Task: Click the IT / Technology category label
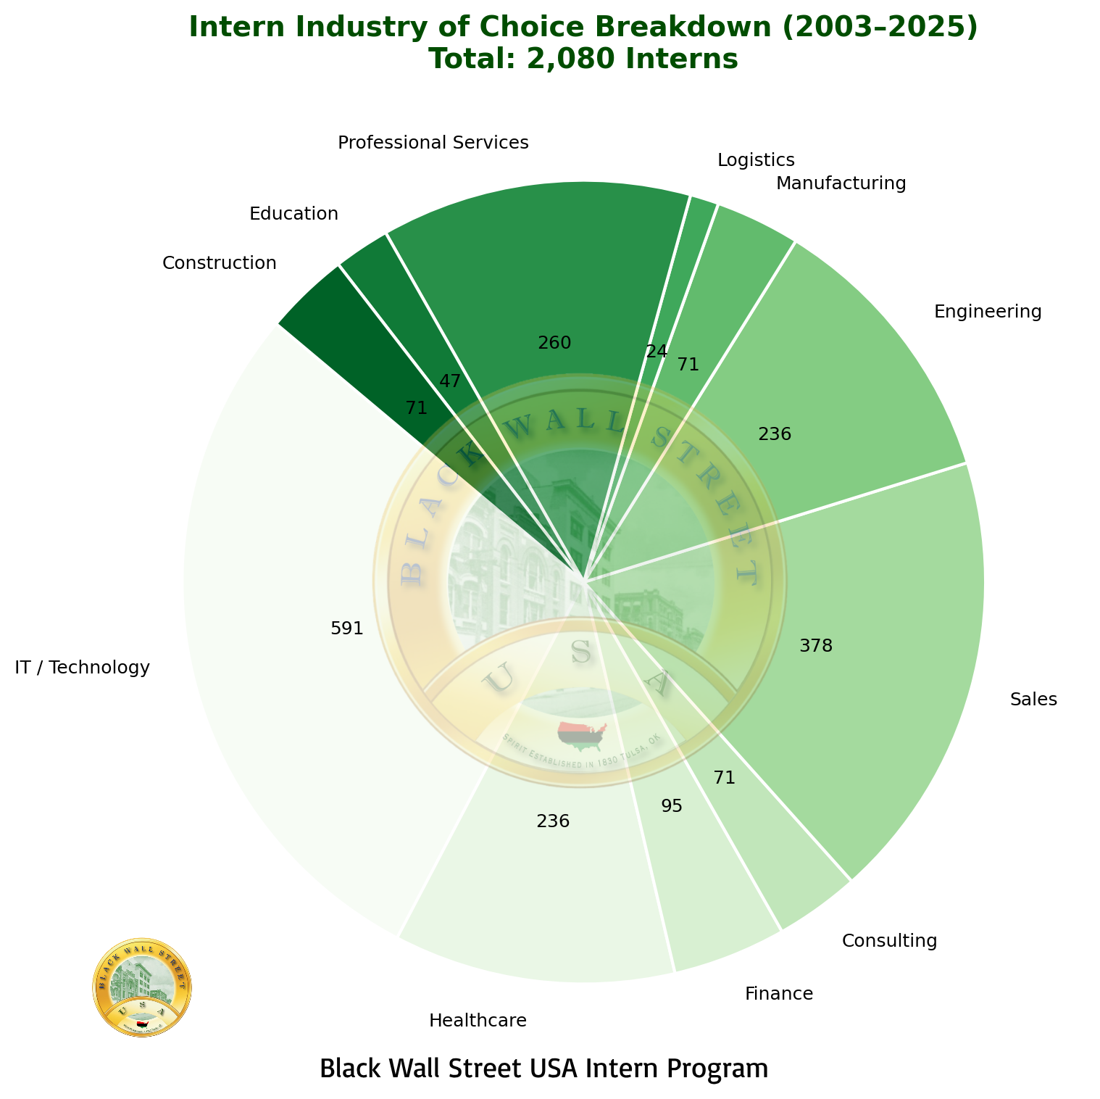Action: click(82, 668)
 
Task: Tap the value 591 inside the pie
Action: click(346, 629)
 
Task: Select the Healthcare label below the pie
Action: click(478, 1021)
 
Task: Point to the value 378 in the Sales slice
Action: click(816, 646)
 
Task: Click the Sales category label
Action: click(1033, 700)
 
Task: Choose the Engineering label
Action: click(987, 312)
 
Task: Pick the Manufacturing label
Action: click(841, 183)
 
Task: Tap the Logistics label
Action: click(756, 159)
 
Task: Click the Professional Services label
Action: click(433, 143)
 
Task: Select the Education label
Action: click(293, 214)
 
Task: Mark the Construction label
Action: click(219, 262)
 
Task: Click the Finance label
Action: click(779, 993)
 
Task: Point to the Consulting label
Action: click(889, 941)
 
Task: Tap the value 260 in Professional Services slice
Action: click(555, 343)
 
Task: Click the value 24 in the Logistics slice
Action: click(656, 352)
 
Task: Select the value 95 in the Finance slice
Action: click(672, 806)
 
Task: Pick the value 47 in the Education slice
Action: click(450, 381)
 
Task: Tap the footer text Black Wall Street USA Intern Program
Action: click(543, 1069)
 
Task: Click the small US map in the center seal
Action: click(582, 736)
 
